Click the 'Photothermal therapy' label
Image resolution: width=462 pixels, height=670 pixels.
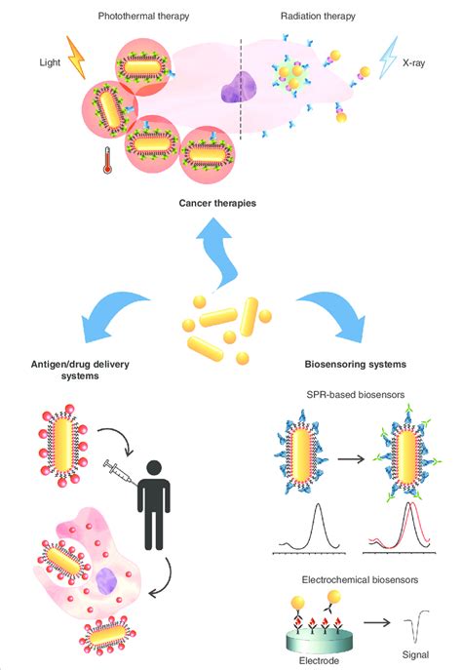tap(143, 17)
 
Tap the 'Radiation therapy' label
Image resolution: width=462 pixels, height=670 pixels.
tap(318, 17)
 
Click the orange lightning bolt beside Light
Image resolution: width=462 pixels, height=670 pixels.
tap(76, 58)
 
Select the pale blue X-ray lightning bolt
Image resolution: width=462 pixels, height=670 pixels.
tap(388, 58)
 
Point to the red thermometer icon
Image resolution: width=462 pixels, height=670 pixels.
tap(107, 160)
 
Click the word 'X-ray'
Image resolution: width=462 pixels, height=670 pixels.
tap(413, 63)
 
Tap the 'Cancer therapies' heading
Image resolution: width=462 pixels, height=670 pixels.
tap(217, 203)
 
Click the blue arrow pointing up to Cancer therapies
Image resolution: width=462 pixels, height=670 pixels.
tap(217, 253)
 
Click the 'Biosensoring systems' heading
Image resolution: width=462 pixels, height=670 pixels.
tap(355, 365)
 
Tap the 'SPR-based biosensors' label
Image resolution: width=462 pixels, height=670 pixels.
tap(355, 394)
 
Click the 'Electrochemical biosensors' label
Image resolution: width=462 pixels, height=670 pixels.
tap(360, 580)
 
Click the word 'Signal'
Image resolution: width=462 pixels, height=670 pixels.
tap(415, 655)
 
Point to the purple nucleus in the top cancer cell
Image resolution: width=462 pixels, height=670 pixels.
tap(239, 87)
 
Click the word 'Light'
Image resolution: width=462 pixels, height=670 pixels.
tap(50, 62)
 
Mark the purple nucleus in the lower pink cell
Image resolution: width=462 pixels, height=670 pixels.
tap(106, 581)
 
